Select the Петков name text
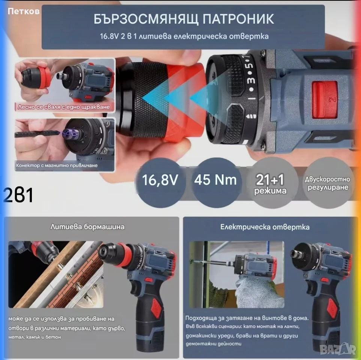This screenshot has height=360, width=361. (x=24, y=11)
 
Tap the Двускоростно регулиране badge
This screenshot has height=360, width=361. (x=328, y=183)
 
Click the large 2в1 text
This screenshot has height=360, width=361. (x=18, y=195)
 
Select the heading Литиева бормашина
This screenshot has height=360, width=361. (x=87, y=227)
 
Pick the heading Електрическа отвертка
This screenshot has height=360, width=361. (x=265, y=227)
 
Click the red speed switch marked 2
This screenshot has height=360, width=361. (x=325, y=99)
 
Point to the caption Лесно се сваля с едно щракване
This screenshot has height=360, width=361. (x=64, y=107)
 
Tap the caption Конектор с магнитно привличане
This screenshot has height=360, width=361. (x=57, y=165)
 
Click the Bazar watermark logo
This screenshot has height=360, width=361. (x=338, y=349)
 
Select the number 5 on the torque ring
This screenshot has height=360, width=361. (x=249, y=65)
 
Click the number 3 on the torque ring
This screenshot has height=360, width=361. (x=251, y=80)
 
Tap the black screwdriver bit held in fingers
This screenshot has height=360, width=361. (x=37, y=133)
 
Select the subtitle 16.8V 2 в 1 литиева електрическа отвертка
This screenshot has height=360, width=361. (x=184, y=36)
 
